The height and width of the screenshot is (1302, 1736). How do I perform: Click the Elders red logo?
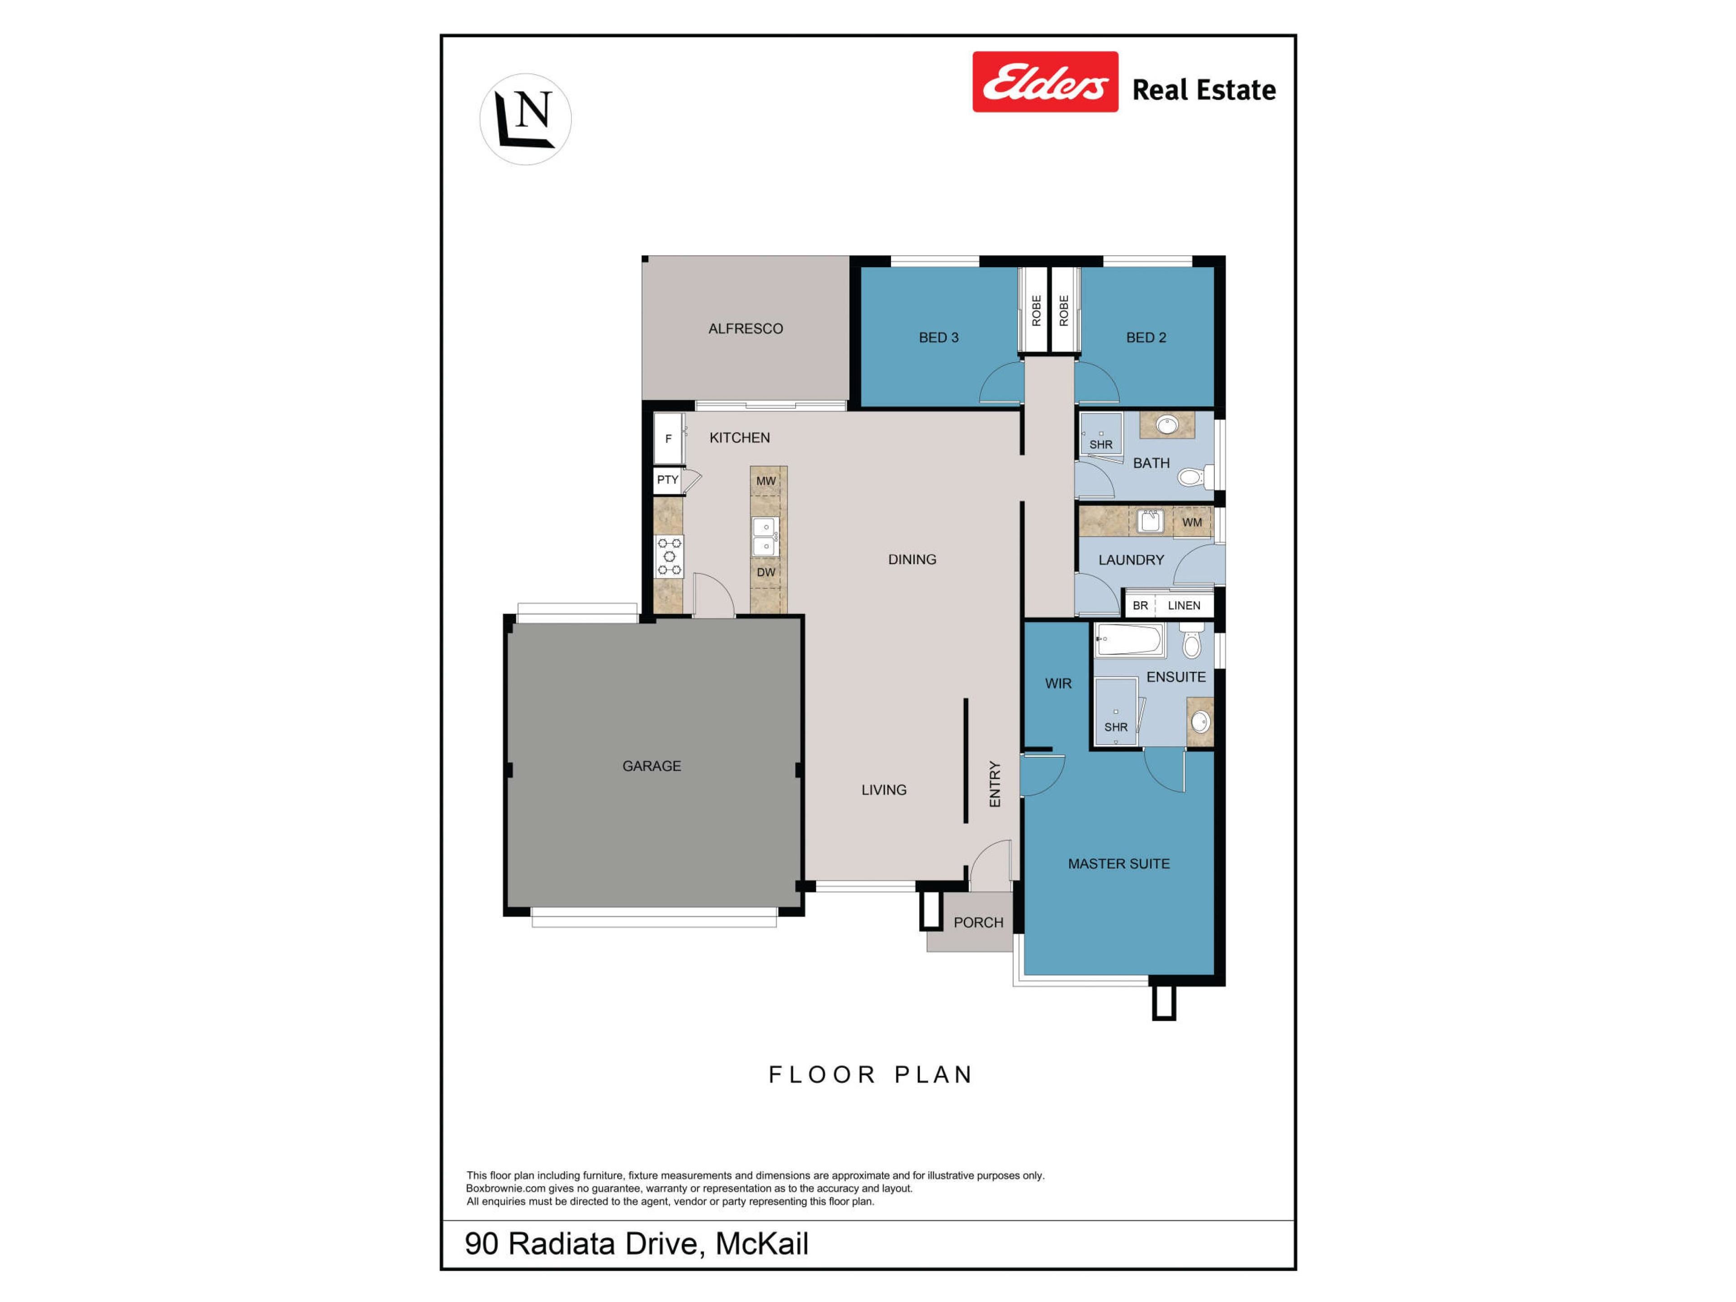pos(1045,82)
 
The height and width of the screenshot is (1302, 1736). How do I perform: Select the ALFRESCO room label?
pos(745,329)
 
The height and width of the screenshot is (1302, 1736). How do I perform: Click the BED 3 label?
pos(939,337)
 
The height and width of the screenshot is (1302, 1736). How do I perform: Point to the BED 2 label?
pos(1146,337)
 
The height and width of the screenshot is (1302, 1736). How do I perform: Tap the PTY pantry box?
pos(668,480)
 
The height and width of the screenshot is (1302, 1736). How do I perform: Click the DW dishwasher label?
pos(766,572)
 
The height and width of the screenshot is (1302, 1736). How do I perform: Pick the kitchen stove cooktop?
pos(670,557)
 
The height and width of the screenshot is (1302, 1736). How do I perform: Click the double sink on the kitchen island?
pos(765,537)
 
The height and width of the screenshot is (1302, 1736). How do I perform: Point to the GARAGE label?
pos(651,766)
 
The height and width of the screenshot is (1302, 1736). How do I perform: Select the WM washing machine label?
pos(1192,522)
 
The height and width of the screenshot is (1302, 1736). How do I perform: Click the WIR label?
pos(1058,684)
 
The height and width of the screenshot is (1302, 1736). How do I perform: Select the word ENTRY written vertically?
pos(995,783)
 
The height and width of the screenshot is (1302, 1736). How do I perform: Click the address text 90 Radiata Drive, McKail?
pos(637,1243)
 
